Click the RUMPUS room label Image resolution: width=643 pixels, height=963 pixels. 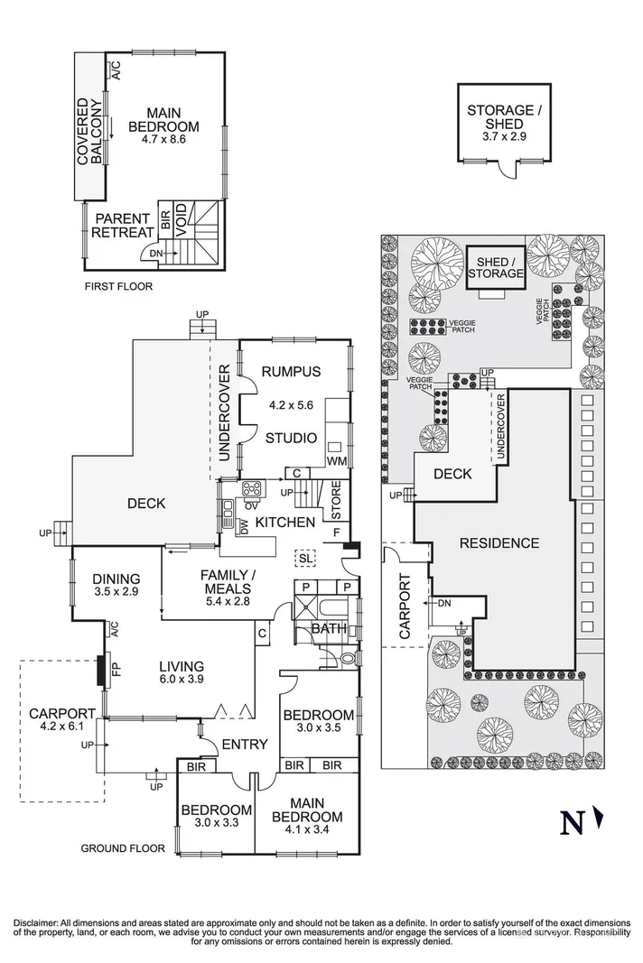291,372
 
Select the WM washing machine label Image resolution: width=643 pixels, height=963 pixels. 337,462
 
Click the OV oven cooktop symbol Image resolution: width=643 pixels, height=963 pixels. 250,489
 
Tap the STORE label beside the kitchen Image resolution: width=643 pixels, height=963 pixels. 336,504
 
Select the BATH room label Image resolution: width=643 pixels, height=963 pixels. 324,628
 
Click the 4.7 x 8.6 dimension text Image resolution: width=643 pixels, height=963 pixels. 163,140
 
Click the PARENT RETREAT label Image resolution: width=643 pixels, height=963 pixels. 123,226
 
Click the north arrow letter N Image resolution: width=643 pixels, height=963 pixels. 571,823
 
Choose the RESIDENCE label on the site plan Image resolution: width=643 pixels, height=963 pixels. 499,543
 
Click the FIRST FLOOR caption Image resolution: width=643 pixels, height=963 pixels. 118,286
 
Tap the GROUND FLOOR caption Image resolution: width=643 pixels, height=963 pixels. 123,848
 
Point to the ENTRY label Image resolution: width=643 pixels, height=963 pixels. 241,744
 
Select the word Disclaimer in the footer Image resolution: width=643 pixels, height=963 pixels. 37,923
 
